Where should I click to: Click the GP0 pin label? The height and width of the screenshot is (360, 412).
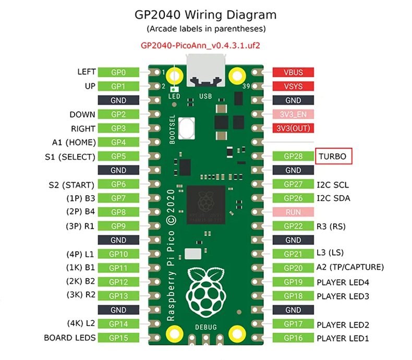tap(118, 72)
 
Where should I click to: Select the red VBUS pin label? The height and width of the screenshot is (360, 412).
tap(293, 72)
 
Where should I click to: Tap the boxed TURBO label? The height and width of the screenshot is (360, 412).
tap(334, 156)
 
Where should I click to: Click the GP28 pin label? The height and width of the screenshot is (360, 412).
tap(293, 156)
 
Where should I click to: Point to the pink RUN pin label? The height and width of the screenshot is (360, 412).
tap(293, 212)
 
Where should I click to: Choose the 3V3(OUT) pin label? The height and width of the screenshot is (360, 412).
tap(293, 128)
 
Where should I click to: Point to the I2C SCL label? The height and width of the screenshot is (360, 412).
tap(333, 184)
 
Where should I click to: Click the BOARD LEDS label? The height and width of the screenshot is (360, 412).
tap(70, 338)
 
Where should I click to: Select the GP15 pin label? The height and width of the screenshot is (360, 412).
tap(118, 338)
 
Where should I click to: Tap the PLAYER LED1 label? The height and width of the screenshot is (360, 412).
tap(343, 338)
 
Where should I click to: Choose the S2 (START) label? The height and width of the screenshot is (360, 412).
tap(71, 184)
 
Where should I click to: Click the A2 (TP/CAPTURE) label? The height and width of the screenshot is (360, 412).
tap(350, 267)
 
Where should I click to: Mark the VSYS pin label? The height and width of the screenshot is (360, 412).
tap(293, 86)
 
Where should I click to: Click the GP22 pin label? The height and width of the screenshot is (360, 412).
tap(293, 226)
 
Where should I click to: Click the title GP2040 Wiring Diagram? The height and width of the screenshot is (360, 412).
tap(206, 15)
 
